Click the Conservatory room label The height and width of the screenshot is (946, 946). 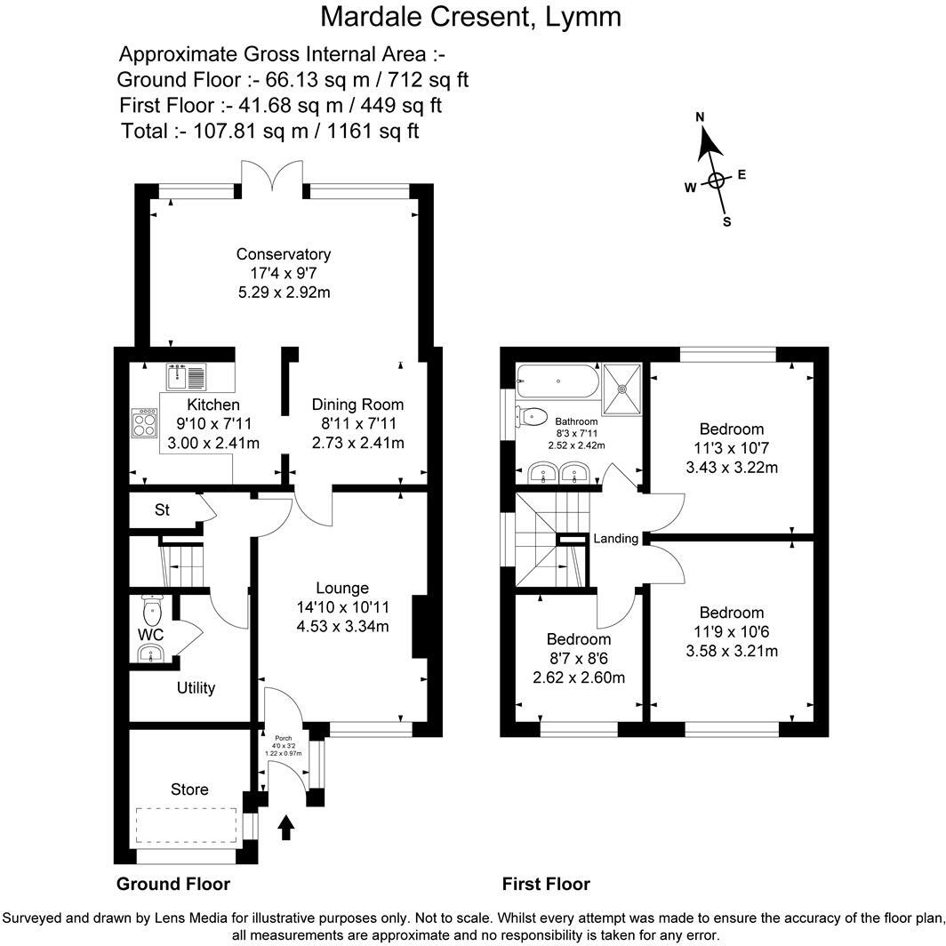tap(284, 255)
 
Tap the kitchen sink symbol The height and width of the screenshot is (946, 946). tap(186, 377)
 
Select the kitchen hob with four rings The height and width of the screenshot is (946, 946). tap(143, 423)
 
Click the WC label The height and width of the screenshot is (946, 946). tap(150, 635)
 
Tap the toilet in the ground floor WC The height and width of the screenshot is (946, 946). tap(152, 609)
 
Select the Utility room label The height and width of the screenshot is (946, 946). tap(196, 688)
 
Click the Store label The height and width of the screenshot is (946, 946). tap(189, 790)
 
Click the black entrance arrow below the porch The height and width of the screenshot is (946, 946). tap(286, 829)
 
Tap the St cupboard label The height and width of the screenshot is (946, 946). tap(162, 510)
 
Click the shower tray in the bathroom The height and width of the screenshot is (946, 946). tap(624, 389)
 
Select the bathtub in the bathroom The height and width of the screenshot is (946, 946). tap(557, 381)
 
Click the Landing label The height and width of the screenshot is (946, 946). tap(615, 539)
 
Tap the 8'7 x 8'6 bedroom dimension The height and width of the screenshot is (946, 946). tap(578, 659)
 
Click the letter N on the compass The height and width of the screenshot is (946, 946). tap(700, 117)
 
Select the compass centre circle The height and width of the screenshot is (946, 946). tap(717, 181)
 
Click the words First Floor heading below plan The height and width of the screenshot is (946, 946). tap(546, 884)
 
